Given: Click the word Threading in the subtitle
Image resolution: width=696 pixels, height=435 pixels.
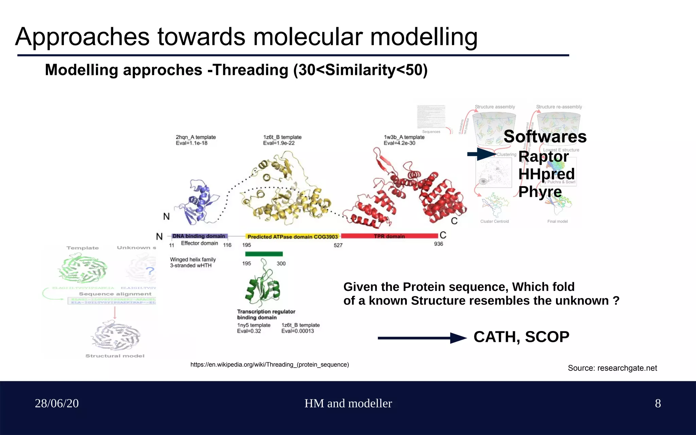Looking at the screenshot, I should pos(250,70).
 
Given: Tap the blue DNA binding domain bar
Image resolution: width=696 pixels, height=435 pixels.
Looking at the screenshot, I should pos(199,236).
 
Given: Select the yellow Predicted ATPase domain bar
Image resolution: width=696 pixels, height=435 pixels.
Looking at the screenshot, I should pos(293,237).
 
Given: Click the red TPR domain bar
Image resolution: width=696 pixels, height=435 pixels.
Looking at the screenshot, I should pos(389,236).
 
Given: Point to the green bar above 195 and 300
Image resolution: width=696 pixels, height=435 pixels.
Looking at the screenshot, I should pos(264,254).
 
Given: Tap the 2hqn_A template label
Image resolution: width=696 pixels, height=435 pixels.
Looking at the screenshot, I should pos(196,137).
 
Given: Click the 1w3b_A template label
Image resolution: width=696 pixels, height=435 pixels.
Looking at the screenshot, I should pos(404,137).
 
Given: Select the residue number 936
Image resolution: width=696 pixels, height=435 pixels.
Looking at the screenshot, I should pos(438,244).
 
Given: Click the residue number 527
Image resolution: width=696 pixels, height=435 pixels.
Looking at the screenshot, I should pos(338,245).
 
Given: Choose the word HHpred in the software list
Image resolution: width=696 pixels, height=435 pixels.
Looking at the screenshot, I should pos(546,174).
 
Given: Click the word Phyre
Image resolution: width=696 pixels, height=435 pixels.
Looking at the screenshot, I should pos(540,192).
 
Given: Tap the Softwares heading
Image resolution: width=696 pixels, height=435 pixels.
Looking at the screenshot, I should pos(545,137).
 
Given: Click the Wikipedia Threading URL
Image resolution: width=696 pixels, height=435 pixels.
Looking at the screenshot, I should pos(269,365).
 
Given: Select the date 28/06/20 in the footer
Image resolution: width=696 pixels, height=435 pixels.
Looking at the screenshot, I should pos(57,403).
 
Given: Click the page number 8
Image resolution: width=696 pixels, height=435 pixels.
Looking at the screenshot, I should pos(658,403).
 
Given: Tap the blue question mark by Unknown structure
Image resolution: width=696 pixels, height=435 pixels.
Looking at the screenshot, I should pos(150,271).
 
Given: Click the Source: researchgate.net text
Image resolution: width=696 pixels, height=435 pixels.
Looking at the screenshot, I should pos(612,368).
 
